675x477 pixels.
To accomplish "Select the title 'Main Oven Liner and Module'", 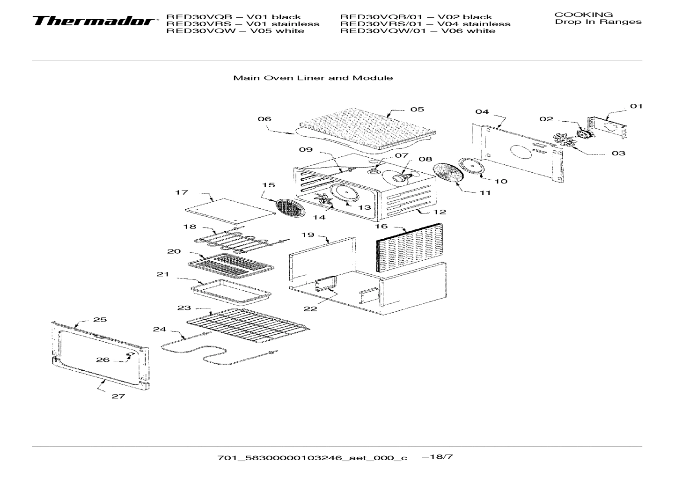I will click(x=313, y=78).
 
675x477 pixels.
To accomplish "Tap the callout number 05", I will click(x=417, y=110).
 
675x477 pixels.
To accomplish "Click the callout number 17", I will click(x=182, y=192).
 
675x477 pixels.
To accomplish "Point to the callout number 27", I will click(x=118, y=396).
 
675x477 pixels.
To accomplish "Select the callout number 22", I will click(x=310, y=308).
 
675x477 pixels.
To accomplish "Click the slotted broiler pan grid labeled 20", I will click(x=230, y=265).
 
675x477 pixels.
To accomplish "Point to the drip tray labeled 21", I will click(x=231, y=291).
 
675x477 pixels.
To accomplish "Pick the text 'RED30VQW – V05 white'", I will click(x=235, y=31).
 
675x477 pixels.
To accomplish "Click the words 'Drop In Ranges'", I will click(x=598, y=22).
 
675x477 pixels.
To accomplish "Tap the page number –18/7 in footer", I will click(x=437, y=456).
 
